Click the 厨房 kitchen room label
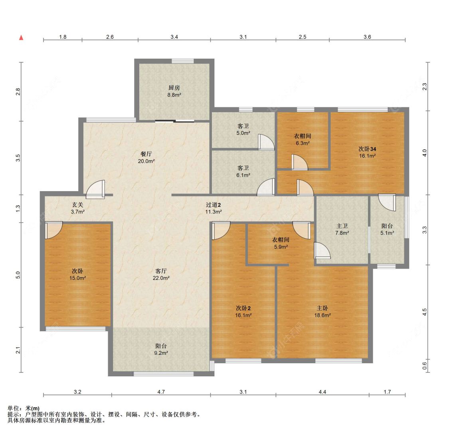point(174,88)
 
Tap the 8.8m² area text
point(174,95)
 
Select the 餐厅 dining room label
point(146,154)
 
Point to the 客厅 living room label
point(161,271)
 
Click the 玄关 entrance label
point(77,205)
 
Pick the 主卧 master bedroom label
point(322,308)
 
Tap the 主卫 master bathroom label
point(342,226)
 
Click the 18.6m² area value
point(322,315)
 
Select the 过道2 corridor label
point(214,205)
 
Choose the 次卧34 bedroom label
point(368,149)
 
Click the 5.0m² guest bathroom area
point(243,133)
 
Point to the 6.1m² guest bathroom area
point(243,175)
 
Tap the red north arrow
point(21,38)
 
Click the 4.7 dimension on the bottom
point(161,392)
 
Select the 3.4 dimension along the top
point(174,37)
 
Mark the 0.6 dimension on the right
point(425,366)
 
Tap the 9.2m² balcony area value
point(161,353)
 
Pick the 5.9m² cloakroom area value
point(281,247)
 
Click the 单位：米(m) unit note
point(24,408)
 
